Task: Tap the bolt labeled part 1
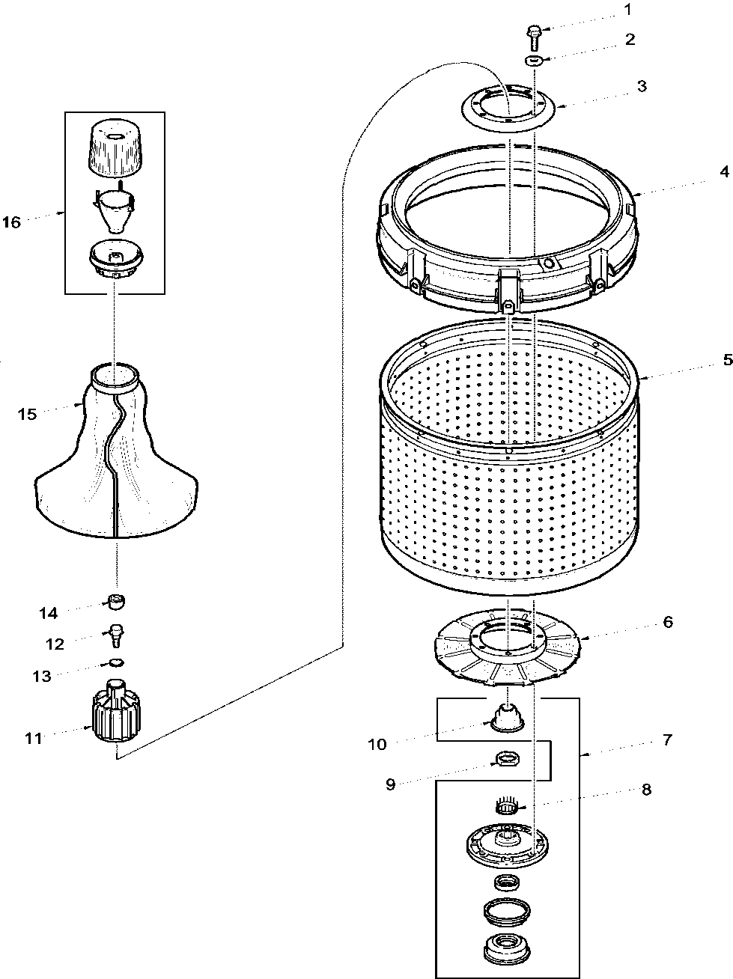point(532,31)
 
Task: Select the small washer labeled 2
point(532,60)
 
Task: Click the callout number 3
point(642,86)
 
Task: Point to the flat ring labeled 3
point(508,107)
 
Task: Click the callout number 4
point(724,171)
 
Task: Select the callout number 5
point(726,359)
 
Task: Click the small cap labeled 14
point(116,600)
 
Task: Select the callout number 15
point(27,414)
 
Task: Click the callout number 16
point(11,222)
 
